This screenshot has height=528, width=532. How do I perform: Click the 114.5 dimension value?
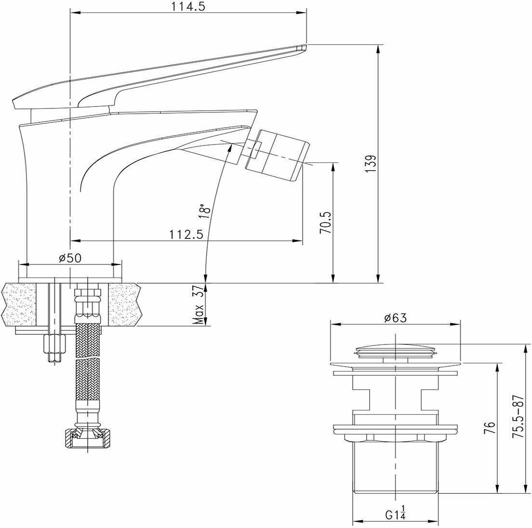(x=188, y=6)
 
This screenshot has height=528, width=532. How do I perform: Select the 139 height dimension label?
(x=371, y=164)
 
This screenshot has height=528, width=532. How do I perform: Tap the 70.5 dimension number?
(x=325, y=223)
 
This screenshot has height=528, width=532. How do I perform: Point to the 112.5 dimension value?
(x=186, y=234)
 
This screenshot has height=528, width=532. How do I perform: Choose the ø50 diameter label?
(x=70, y=258)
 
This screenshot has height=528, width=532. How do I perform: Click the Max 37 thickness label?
(x=199, y=304)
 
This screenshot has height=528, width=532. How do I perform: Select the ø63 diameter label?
(x=395, y=318)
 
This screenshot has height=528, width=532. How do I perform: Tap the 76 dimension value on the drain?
(x=490, y=428)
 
